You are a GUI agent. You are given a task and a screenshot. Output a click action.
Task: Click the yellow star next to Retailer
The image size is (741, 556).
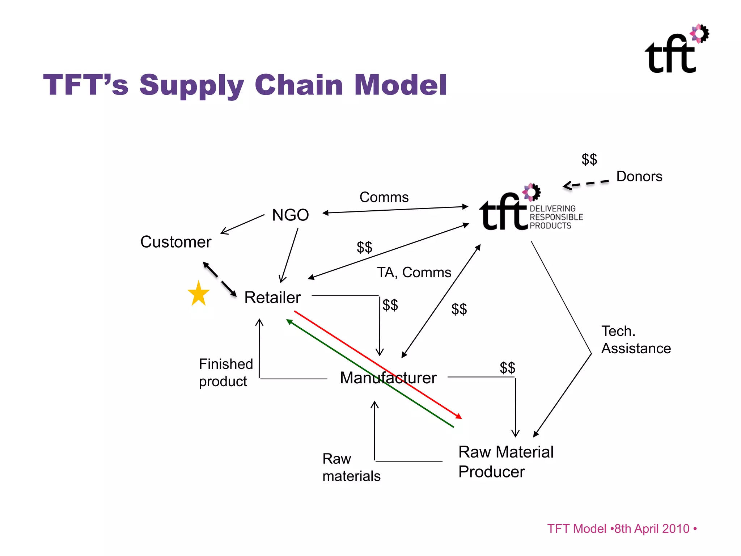[x=199, y=294]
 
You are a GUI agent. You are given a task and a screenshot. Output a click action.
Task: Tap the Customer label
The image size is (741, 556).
[x=175, y=242]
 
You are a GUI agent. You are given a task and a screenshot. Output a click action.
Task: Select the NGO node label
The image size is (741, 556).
[x=290, y=215]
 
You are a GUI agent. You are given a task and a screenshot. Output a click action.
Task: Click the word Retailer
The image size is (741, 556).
[x=272, y=298]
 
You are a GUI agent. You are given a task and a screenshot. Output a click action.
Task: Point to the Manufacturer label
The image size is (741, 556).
[x=388, y=378]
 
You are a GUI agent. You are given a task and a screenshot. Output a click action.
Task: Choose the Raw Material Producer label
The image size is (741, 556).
[x=505, y=462]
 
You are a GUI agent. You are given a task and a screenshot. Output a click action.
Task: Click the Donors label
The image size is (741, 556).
[x=639, y=176]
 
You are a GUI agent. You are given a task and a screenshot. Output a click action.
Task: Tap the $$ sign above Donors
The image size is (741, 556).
[x=589, y=159]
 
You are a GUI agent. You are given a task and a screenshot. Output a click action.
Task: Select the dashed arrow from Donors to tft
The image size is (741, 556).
[x=586, y=184]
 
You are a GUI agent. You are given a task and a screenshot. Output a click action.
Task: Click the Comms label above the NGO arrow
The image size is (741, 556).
[x=384, y=197]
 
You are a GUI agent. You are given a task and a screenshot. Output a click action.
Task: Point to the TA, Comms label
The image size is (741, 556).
[x=414, y=272]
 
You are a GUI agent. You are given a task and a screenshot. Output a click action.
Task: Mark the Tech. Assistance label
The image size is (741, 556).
[x=636, y=340]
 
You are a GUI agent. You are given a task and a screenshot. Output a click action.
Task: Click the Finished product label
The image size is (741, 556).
[x=226, y=372]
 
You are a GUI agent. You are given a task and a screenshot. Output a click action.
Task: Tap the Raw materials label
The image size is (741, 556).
[x=351, y=467]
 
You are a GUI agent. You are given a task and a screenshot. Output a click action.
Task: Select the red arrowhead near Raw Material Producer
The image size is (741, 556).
[x=459, y=417]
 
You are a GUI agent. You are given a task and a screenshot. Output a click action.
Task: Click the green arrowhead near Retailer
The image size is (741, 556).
[x=289, y=322]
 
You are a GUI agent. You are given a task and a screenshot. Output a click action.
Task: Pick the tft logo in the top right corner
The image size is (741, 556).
[x=676, y=50]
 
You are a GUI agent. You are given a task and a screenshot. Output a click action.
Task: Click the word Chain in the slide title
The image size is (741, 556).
[x=298, y=85]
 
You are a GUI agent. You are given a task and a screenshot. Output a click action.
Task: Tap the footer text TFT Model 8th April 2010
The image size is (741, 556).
[x=621, y=528]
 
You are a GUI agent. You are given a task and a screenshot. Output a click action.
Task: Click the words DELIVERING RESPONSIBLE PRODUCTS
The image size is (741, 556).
[x=556, y=217]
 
